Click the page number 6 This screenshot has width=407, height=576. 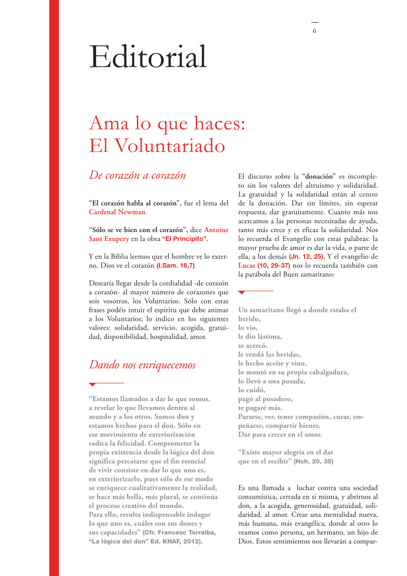click(x=314, y=31)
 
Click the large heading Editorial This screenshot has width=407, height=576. click(x=148, y=57)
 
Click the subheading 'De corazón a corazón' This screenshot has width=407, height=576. click(x=137, y=175)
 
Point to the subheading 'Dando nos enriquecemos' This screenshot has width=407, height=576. click(x=142, y=365)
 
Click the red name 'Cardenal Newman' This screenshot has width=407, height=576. click(x=117, y=212)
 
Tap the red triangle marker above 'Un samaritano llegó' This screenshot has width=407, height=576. click(x=241, y=293)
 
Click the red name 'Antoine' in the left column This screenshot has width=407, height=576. click(x=216, y=230)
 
